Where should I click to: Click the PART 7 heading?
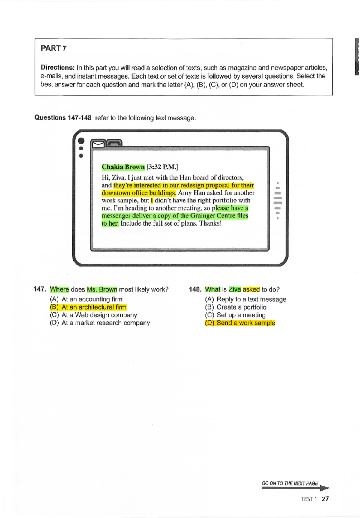tap(54, 48)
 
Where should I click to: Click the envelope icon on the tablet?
tap(98, 145)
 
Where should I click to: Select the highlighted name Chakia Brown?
tap(123, 167)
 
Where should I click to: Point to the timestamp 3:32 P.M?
tap(162, 167)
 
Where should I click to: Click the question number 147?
tap(40, 289)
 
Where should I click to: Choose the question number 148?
tap(195, 289)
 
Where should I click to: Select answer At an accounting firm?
tap(92, 299)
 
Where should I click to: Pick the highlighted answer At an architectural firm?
tap(94, 307)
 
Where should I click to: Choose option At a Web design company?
tap(99, 315)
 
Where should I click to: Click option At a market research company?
tap(106, 323)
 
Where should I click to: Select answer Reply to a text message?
tap(251, 299)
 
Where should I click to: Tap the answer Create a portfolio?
tap(241, 307)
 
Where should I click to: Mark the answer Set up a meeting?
tap(241, 315)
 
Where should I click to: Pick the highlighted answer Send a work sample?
tap(246, 323)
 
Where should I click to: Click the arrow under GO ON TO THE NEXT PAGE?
tap(295, 488)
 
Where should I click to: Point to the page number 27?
tap(325, 499)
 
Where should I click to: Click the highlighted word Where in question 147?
tap(59, 289)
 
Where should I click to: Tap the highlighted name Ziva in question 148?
tap(235, 289)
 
